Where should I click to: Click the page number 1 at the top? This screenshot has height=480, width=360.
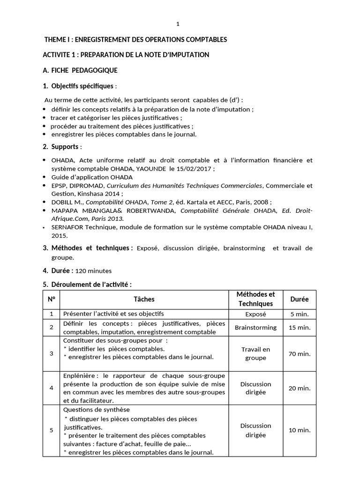click(178, 24)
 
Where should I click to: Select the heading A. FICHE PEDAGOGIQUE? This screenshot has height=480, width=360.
click(80, 70)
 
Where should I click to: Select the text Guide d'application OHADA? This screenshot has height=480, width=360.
click(92, 177)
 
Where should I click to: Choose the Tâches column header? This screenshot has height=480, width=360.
click(144, 299)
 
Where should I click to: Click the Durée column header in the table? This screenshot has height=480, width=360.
click(300, 299)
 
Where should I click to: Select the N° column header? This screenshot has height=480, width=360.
click(51, 299)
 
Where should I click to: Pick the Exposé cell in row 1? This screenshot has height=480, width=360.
click(255, 314)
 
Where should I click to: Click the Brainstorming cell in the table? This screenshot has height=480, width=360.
click(255, 328)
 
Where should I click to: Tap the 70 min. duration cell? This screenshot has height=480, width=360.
click(300, 354)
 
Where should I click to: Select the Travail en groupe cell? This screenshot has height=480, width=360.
click(255, 353)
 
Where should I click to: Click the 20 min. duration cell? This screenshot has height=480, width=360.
click(300, 388)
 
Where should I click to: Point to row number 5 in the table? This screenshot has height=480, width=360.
click(51, 430)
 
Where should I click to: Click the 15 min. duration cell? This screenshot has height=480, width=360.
click(300, 328)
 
